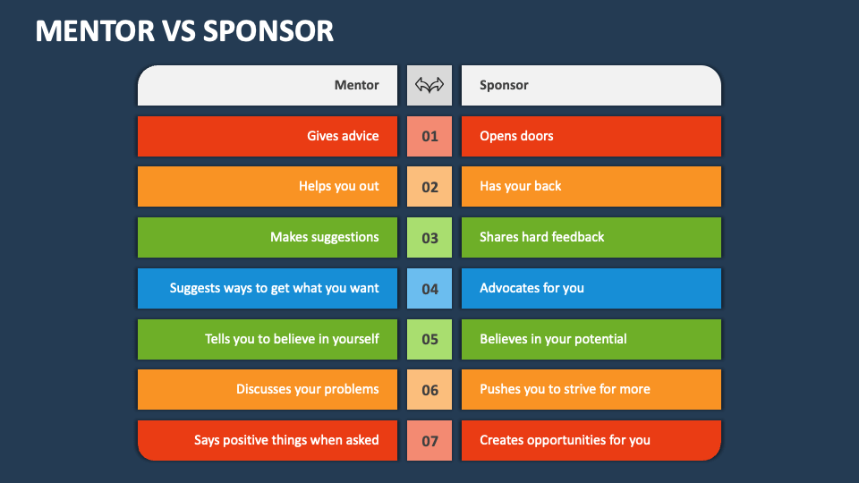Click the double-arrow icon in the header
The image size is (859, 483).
pyautogui.click(x=429, y=86)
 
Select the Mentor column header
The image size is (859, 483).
pyautogui.click(x=356, y=86)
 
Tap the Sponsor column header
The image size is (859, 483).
pyautogui.click(x=504, y=86)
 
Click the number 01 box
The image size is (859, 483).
pyautogui.click(x=429, y=137)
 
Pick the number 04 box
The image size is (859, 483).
pyautogui.click(x=429, y=289)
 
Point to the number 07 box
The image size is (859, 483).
pyautogui.click(x=429, y=441)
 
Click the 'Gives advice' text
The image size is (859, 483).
pyautogui.click(x=343, y=136)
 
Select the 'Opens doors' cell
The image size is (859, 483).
pyautogui.click(x=516, y=136)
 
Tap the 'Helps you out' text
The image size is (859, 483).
pyautogui.click(x=339, y=186)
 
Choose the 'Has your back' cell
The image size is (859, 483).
pyautogui.click(x=521, y=186)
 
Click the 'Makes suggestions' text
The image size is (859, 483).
pyautogui.click(x=325, y=237)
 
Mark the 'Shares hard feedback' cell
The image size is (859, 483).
pyautogui.click(x=542, y=237)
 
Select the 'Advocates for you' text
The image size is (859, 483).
pyautogui.click(x=532, y=288)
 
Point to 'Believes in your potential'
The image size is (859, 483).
pyautogui.click(x=553, y=339)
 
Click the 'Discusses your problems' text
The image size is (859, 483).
pyautogui.click(x=308, y=389)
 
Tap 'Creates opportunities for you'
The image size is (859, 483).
pyautogui.click(x=565, y=440)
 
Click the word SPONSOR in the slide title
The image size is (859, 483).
pyautogui.click(x=268, y=30)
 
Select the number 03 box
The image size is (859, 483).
pyautogui.click(x=429, y=238)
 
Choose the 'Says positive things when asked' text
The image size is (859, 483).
pyautogui.click(x=286, y=440)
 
